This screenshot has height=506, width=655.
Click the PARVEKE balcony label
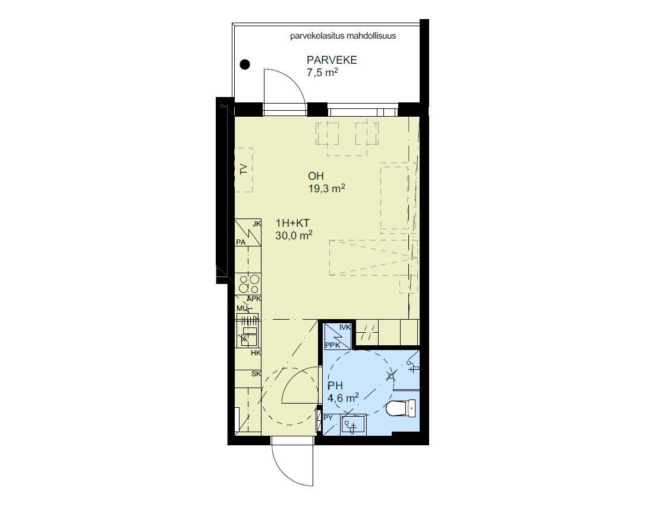(x=332, y=60)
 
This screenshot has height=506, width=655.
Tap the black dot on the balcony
(x=245, y=64)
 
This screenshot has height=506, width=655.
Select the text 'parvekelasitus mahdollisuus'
(x=343, y=36)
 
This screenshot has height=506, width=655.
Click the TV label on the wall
(x=244, y=170)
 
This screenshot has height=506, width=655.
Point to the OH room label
(x=316, y=176)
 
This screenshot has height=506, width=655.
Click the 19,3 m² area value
(x=327, y=189)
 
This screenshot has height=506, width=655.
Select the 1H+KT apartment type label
(x=292, y=223)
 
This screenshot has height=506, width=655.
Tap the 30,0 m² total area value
(x=294, y=236)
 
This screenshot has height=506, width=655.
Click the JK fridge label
(x=257, y=224)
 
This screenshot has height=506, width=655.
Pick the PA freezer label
(x=241, y=242)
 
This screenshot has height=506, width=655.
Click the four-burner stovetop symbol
(x=248, y=284)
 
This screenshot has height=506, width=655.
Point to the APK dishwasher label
(x=254, y=299)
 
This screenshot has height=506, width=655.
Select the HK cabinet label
(x=256, y=353)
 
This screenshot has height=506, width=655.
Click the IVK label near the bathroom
(x=345, y=327)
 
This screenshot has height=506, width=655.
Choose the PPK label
(x=332, y=345)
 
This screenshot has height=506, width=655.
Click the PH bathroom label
(x=335, y=386)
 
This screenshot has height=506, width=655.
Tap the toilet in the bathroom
(x=401, y=409)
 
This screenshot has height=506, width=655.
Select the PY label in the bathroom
(x=328, y=418)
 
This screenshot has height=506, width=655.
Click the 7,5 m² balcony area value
(x=322, y=73)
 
